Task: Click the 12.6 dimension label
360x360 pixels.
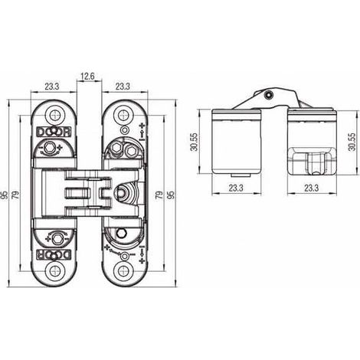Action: [87, 76]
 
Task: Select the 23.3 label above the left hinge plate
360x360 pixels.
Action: [52, 87]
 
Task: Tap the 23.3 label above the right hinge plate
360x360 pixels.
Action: [123, 87]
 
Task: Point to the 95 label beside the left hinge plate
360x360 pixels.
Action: [5, 195]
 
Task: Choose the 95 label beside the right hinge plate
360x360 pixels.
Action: [172, 195]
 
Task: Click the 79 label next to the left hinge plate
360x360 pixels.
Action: [16, 195]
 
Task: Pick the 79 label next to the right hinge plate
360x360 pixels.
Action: [159, 195]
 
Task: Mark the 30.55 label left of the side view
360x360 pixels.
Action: [195, 142]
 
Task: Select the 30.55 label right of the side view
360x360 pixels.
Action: [352, 142]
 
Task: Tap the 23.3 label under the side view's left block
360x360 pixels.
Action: [236, 188]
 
